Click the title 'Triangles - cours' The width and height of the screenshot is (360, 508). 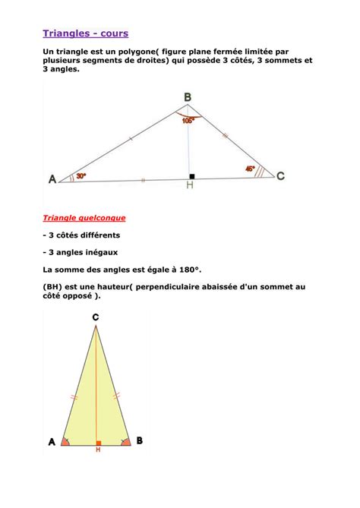click(x=85, y=33)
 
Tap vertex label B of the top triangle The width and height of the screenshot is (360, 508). click(x=188, y=97)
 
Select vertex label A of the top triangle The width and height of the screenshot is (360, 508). click(x=52, y=179)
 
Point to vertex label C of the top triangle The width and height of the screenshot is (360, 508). click(x=280, y=176)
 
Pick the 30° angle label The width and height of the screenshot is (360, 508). click(x=81, y=175)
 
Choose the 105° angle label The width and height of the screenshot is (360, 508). click(x=188, y=119)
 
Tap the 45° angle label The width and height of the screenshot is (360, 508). click(x=250, y=169)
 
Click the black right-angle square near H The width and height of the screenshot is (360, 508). click(x=192, y=176)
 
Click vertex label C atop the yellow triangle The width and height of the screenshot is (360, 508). click(x=95, y=317)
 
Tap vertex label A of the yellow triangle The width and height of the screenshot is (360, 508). click(x=52, y=440)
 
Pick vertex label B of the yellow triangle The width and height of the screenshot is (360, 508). click(x=139, y=440)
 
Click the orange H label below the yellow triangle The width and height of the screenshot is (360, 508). click(x=97, y=450)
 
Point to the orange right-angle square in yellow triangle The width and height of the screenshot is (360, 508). click(x=98, y=440)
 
